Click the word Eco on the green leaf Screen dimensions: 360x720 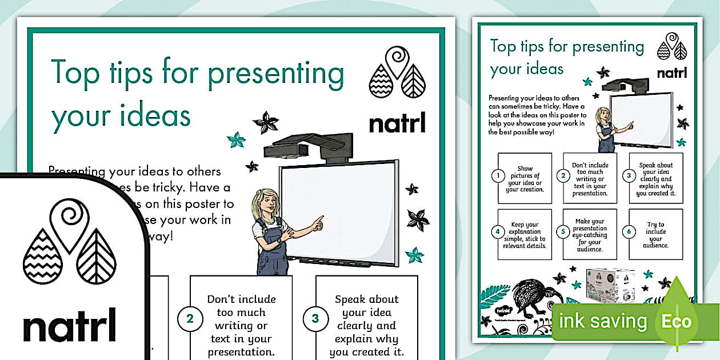click(676, 321)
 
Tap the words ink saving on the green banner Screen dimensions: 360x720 click(603, 321)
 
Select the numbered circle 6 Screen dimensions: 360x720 click(629, 232)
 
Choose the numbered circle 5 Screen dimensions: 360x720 click(563, 232)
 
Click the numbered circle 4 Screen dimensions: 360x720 click(497, 232)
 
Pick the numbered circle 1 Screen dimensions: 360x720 click(497, 176)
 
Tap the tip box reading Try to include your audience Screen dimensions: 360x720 click(656, 235)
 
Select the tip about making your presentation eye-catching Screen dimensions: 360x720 click(590, 235)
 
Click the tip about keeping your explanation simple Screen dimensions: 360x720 click(525, 235)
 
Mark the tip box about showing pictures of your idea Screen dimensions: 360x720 click(525, 179)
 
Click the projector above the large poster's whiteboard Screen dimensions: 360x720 click(309, 145)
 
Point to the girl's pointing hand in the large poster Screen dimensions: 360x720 click(317, 221)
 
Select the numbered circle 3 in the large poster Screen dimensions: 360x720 click(315, 319)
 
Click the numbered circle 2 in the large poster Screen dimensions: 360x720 click(190, 319)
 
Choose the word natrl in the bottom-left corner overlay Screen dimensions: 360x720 click(69, 326)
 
